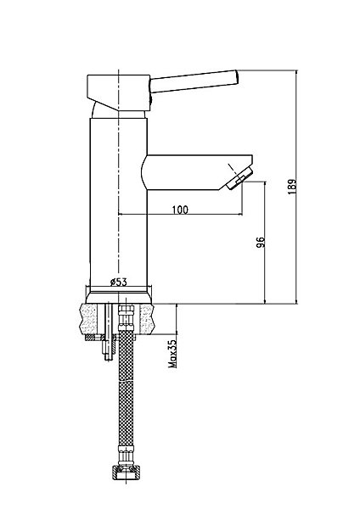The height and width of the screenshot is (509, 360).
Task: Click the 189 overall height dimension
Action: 292,187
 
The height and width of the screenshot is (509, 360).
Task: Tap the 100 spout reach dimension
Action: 180,210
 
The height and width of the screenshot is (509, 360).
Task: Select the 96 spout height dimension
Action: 261,242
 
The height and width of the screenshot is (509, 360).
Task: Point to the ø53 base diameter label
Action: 118,282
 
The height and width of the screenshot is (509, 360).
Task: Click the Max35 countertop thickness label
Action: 172,354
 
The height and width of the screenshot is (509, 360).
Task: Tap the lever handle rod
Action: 194,81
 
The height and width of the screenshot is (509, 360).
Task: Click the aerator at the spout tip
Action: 239,178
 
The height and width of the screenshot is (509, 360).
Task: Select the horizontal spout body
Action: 197,172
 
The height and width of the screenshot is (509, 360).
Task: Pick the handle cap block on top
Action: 119,92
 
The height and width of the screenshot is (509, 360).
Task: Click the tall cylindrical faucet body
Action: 118,202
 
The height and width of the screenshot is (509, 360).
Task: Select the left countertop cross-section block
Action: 88,320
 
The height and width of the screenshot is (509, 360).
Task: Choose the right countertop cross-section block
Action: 146,320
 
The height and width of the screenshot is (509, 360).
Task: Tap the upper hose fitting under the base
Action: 126,317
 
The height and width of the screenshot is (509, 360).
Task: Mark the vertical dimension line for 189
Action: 296,187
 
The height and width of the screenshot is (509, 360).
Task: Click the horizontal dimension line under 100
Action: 180,214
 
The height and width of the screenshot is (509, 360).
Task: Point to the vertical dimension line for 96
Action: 265,243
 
